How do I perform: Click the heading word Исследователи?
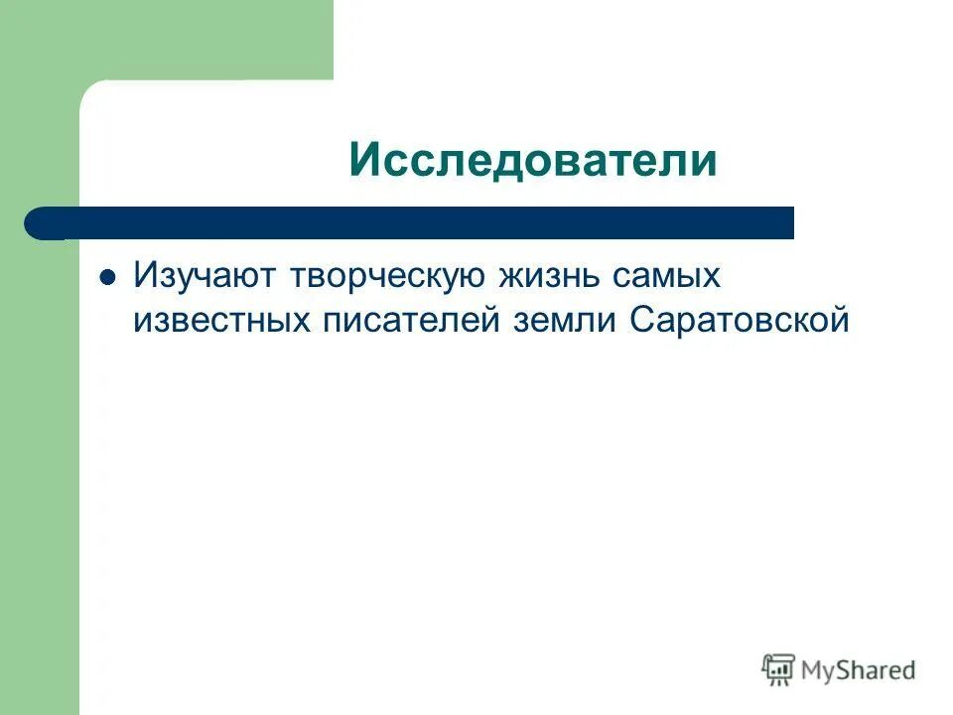pos(532,159)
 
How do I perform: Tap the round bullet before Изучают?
pos(110,277)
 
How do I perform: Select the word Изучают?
pos(204,277)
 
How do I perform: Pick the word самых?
pos(668,278)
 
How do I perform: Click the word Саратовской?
pos(739,322)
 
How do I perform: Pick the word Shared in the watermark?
pos(879,670)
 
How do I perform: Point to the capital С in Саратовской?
pos(639,322)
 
